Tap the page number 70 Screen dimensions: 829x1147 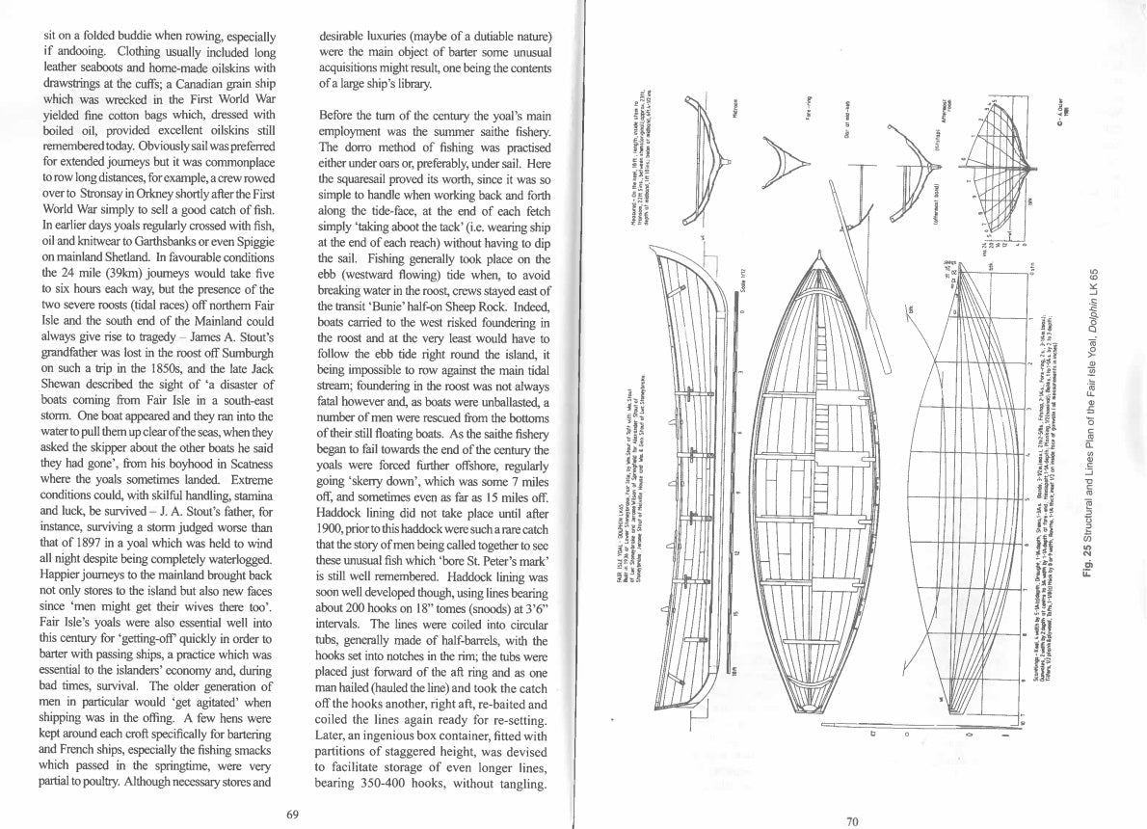pos(851,821)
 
